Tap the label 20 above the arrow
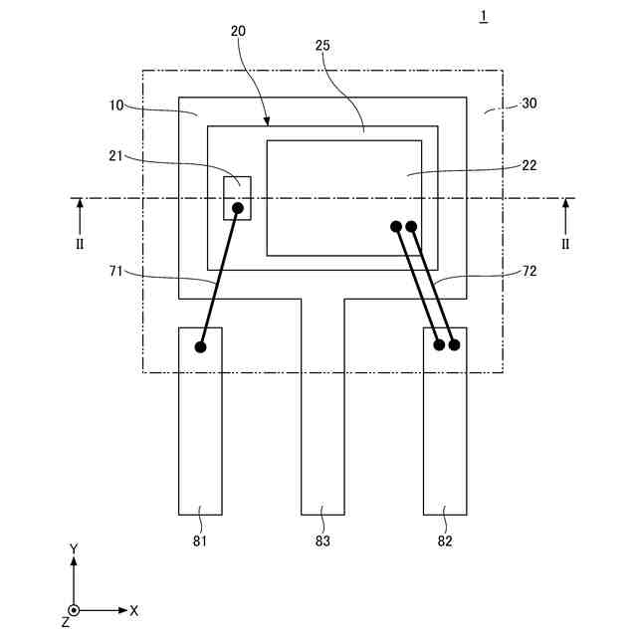pos(238,31)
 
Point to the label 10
pos(118,104)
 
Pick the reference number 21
pos(117,154)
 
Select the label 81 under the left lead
pos(199,541)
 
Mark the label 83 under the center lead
pos(322,541)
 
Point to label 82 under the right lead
pos(444,541)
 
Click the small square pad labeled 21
pos(237,198)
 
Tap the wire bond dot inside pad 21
pos(238,208)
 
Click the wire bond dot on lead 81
pos(200,347)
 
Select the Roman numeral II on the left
pos(80,244)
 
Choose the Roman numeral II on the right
pos(566,244)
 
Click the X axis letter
pos(133,609)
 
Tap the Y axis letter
pos(74,548)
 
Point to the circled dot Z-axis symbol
pos(74,610)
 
